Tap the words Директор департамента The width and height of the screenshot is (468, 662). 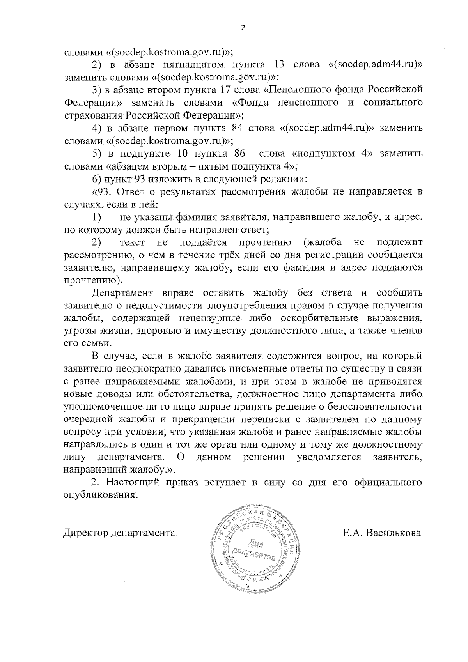coord(119,533)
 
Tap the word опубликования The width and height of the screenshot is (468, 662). coord(101,496)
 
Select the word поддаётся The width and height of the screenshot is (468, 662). coord(203,242)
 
